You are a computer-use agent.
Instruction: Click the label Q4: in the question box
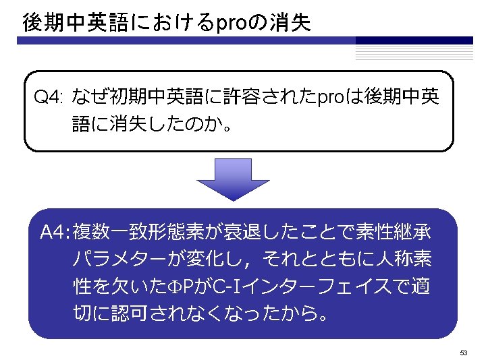click(49, 99)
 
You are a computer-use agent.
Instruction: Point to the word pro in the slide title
click(231, 24)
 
